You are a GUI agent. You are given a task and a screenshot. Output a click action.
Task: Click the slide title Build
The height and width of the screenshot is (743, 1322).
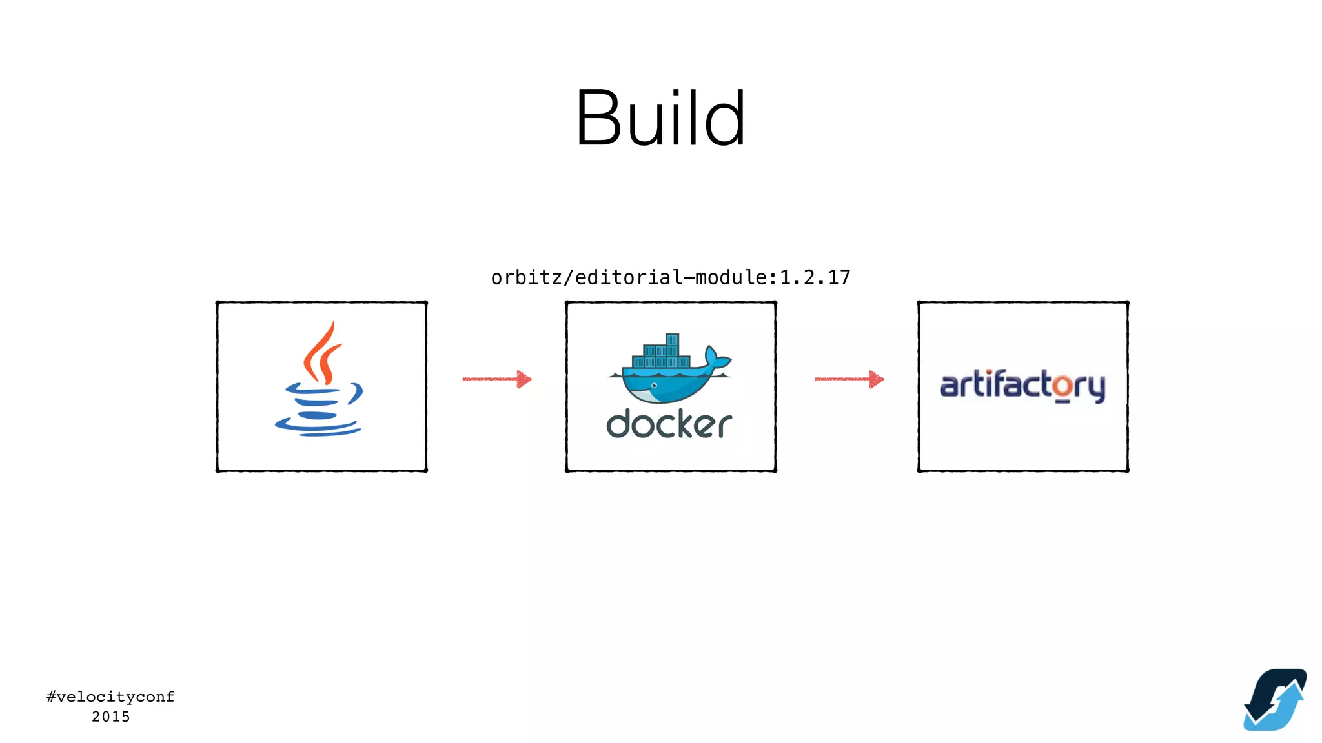[660, 119]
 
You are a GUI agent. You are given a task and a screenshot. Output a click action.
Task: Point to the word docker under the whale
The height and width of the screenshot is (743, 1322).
[669, 424]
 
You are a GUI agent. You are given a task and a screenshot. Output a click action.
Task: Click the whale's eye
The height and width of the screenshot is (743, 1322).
[654, 386]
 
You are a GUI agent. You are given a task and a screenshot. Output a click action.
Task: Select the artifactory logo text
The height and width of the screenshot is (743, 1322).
[1022, 386]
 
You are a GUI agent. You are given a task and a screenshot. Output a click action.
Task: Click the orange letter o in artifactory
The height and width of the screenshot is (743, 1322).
[1063, 387]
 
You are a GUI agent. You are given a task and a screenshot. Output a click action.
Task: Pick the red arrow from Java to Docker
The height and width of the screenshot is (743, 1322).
[496, 379]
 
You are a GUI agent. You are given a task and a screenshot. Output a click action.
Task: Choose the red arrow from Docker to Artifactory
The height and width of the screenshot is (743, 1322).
[849, 379]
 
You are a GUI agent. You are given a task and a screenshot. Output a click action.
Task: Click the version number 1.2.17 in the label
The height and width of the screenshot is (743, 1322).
[815, 278]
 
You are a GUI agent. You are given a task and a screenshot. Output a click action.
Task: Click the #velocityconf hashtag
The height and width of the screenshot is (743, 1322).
[110, 697]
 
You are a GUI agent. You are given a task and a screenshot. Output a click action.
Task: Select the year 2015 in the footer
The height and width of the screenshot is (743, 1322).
[110, 717]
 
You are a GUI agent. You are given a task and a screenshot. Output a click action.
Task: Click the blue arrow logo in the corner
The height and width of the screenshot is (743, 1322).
[1274, 700]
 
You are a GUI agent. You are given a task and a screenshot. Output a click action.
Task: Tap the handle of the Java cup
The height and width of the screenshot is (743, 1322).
[356, 393]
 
